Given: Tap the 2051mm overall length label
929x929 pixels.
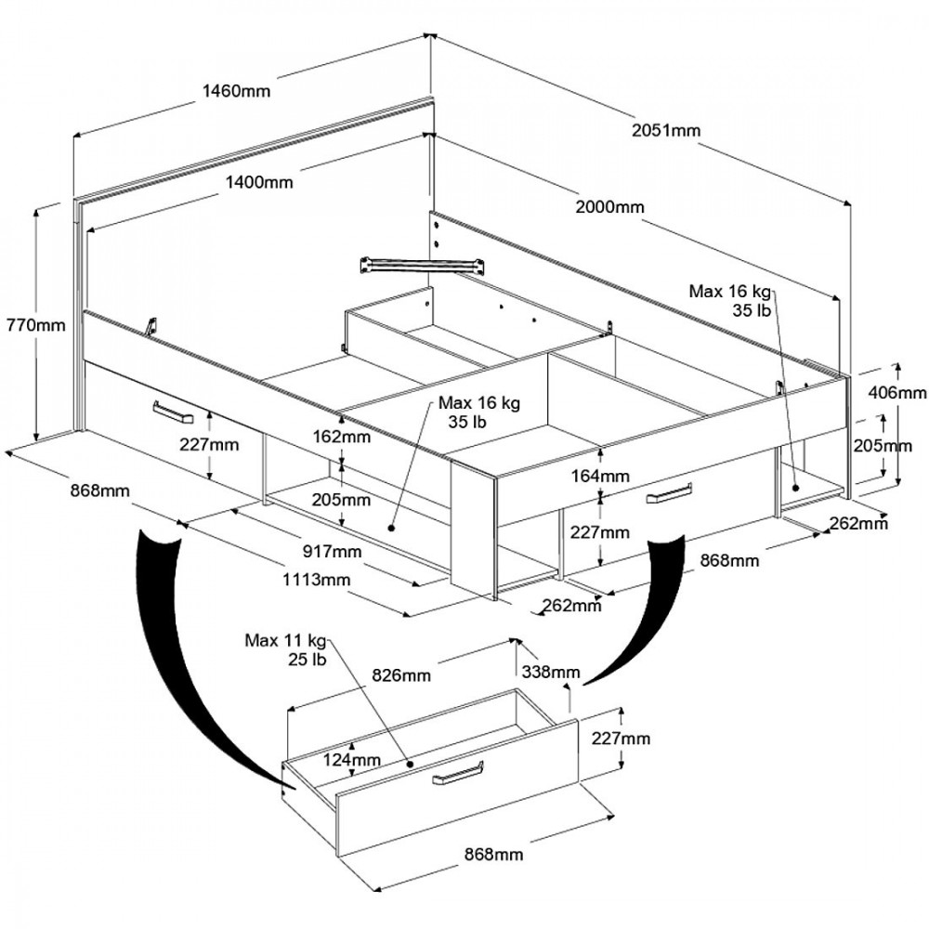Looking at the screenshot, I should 665,130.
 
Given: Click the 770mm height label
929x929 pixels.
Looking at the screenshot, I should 35,325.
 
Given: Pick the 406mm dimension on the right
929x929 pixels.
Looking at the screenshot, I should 896,393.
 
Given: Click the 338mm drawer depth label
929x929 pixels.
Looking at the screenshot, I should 552,672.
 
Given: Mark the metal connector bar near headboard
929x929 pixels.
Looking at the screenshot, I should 425,262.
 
